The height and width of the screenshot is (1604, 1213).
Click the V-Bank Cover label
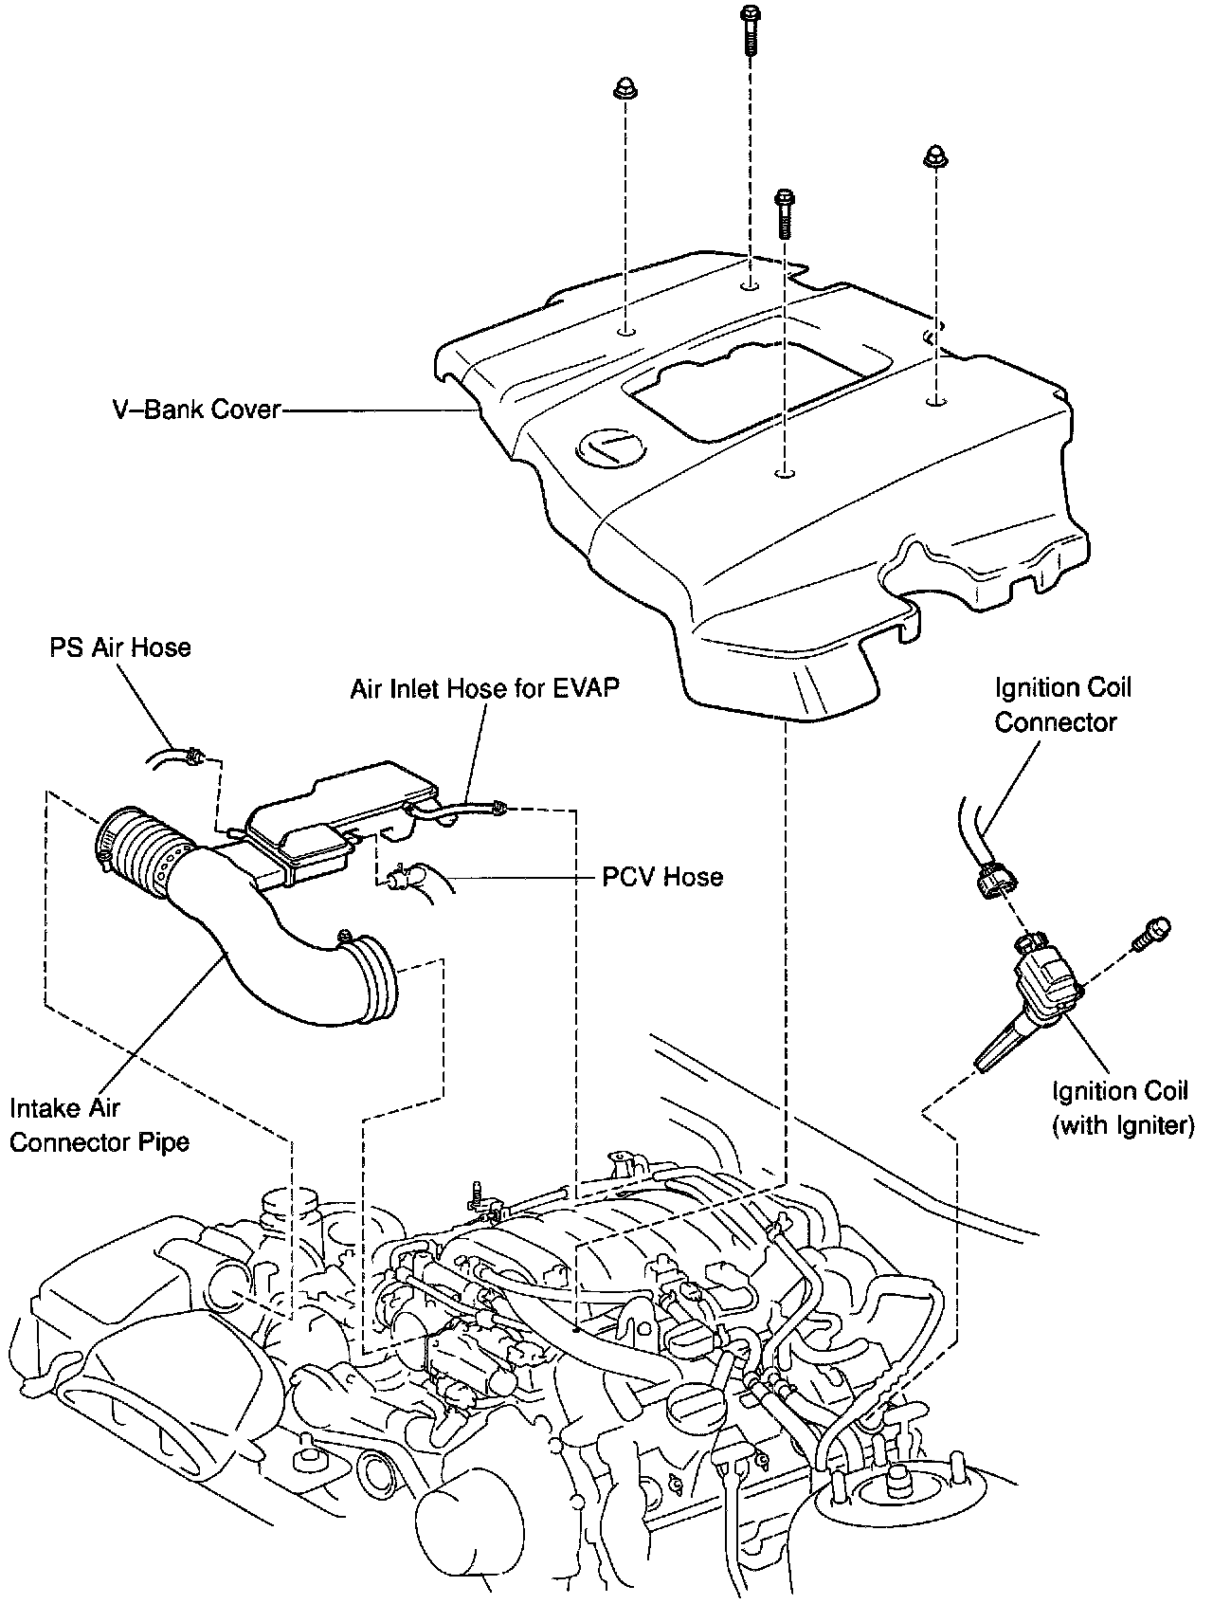pyautogui.click(x=195, y=410)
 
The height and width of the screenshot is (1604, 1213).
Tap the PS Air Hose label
pyautogui.click(x=120, y=647)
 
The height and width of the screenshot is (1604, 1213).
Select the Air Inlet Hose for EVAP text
pyautogui.click(x=484, y=688)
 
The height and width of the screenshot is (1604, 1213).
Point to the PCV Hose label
pyautogui.click(x=662, y=877)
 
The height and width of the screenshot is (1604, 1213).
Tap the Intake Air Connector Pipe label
pyautogui.click(x=99, y=1124)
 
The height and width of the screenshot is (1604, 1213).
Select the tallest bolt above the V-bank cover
pyautogui.click(x=750, y=28)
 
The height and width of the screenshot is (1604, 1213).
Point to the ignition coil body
pyautogui.click(x=1042, y=995)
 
